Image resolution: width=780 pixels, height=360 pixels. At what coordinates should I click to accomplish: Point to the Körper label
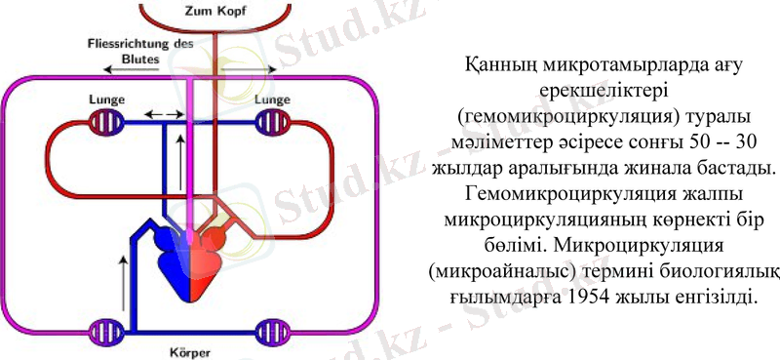tap(187, 352)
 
